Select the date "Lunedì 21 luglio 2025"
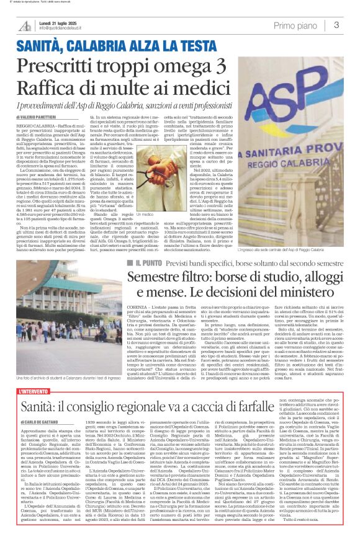(62, 22)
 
